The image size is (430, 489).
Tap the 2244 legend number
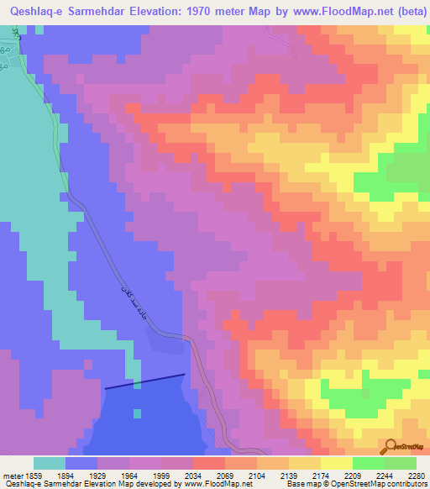(384, 476)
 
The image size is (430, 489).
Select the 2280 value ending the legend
(415, 476)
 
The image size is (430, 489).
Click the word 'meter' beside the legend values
(13, 476)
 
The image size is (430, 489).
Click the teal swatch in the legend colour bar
(50, 463)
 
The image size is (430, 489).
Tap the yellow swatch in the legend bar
(336, 463)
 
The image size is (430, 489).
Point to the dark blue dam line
(144, 381)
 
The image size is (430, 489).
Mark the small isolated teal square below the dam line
(136, 413)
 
